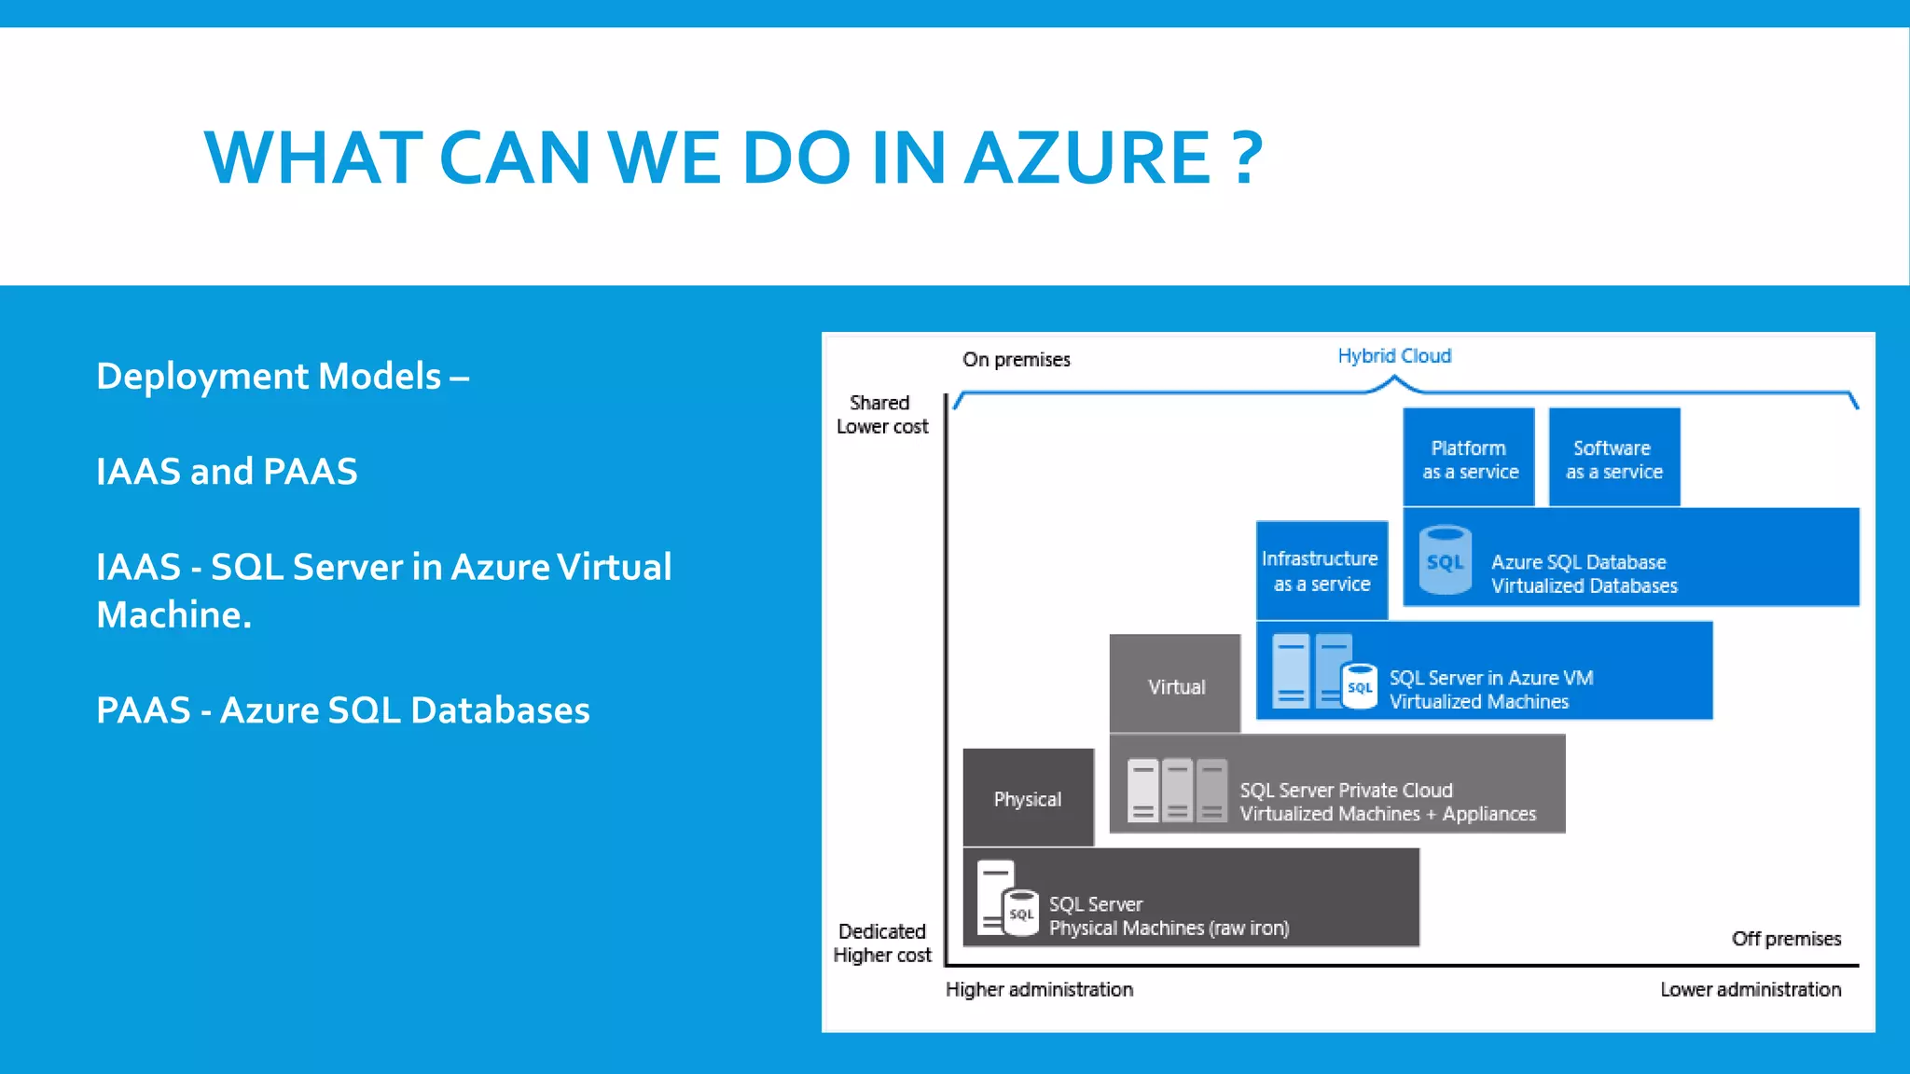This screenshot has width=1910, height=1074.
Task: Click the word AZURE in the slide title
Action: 1087,158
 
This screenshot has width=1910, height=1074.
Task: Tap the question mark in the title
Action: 1247,158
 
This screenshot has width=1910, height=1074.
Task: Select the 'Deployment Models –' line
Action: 283,377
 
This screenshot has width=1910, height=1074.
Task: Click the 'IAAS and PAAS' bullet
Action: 227,472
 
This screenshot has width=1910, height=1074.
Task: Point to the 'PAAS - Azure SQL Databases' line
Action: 343,710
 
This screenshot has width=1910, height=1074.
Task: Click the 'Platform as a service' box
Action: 1469,459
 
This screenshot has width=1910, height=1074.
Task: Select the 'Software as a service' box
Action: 1614,459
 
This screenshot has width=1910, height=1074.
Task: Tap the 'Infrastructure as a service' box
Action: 1322,571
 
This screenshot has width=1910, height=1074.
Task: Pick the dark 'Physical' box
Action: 1028,798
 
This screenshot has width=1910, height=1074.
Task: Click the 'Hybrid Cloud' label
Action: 1394,356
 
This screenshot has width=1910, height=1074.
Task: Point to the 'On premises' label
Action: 1017,360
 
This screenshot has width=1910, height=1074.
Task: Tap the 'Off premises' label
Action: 1786,939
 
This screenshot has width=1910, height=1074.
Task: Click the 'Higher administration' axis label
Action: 1039,989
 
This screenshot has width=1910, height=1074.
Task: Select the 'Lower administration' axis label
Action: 1751,989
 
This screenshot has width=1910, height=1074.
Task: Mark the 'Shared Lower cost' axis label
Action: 881,415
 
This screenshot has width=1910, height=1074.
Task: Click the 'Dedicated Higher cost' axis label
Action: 881,943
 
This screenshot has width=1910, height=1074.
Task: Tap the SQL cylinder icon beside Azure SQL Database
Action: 1446,560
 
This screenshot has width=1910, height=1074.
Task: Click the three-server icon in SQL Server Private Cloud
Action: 1177,792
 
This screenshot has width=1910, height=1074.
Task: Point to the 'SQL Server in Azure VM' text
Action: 1490,678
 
